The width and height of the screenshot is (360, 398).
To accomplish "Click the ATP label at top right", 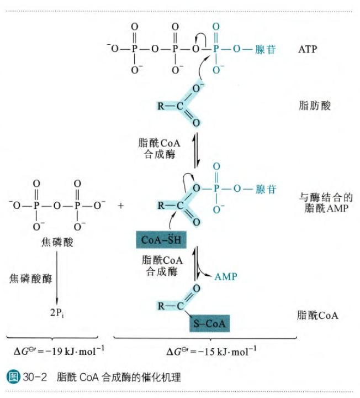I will (x=307, y=50).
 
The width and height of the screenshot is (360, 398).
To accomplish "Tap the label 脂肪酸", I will (x=314, y=106).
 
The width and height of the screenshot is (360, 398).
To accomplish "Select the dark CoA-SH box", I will (x=160, y=240).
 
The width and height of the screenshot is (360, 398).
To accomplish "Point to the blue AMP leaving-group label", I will (x=225, y=276).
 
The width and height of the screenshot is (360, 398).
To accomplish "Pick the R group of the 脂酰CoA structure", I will (x=161, y=305).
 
